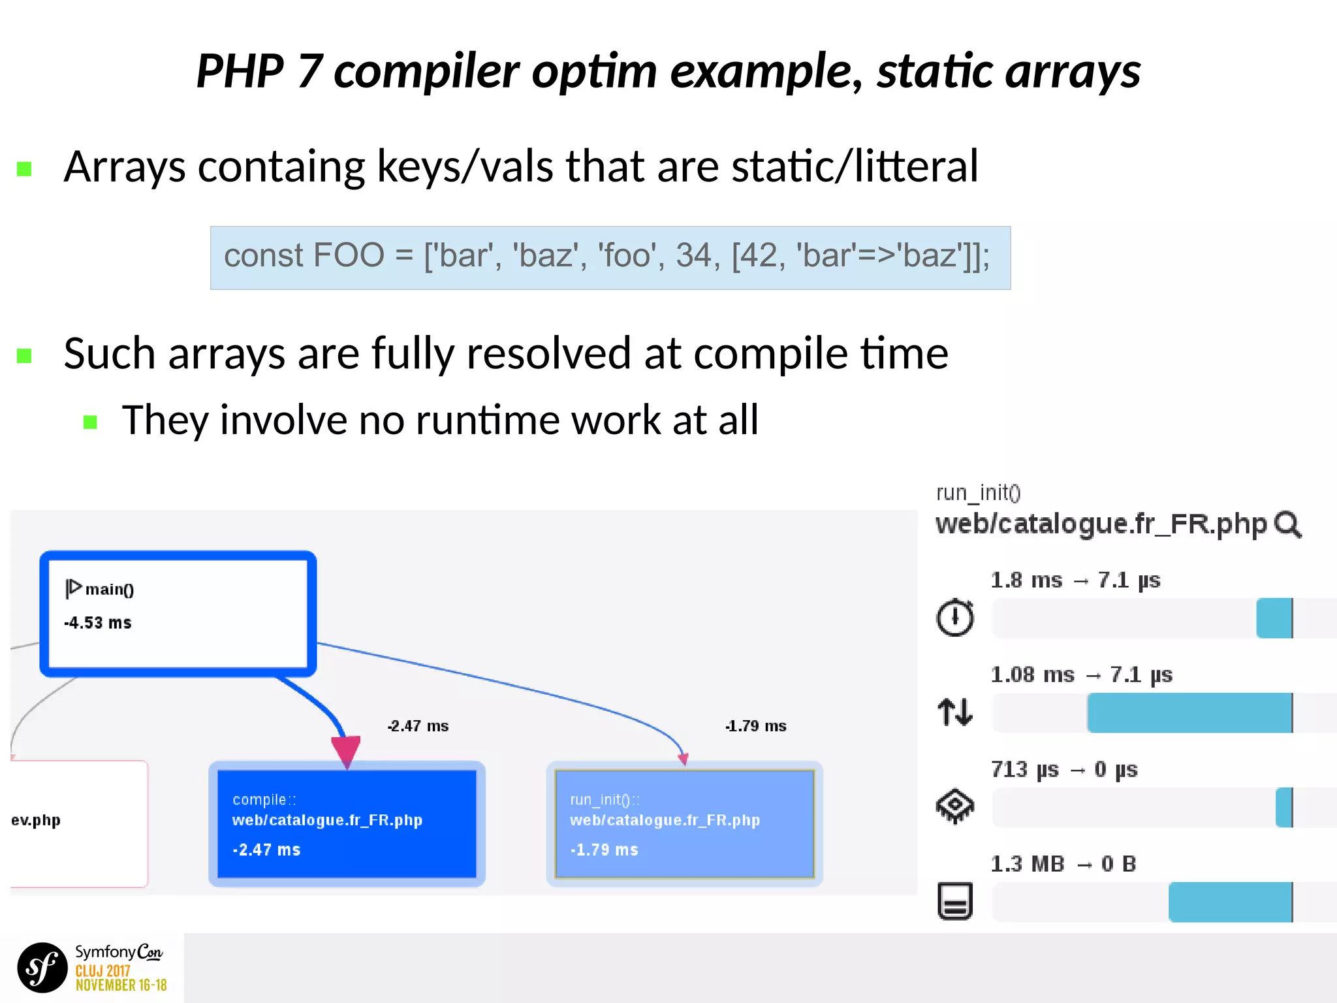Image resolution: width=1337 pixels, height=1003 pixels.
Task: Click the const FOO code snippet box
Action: coord(610,257)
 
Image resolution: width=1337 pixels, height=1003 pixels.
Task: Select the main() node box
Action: coord(178,613)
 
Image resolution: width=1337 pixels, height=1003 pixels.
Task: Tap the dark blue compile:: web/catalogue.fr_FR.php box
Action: coord(347,824)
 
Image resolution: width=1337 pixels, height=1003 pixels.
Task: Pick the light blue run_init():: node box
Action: coord(684,824)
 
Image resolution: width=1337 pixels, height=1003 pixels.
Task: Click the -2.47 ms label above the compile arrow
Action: coord(418,726)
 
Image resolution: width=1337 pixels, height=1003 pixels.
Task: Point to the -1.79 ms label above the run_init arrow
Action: coord(755,726)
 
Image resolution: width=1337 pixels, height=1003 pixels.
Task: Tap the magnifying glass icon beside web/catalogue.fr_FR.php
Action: coord(1288,525)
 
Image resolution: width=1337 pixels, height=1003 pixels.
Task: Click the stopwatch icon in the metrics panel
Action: coord(955,617)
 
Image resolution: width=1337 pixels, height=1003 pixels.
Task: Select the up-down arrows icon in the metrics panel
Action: coord(955,712)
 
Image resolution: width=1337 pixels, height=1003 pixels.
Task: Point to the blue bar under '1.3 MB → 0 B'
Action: coord(1230,902)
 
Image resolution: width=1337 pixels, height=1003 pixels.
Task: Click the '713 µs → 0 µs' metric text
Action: coord(1064,770)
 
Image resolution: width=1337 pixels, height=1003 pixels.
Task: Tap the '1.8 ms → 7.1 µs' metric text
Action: coord(1075,581)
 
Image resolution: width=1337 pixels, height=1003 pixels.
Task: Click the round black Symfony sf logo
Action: coord(42,967)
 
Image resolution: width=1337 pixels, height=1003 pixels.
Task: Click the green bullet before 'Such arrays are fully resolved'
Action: coord(25,356)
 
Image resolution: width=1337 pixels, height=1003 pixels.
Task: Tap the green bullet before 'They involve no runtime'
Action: coord(91,422)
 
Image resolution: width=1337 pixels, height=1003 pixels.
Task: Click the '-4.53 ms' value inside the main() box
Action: coord(98,623)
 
